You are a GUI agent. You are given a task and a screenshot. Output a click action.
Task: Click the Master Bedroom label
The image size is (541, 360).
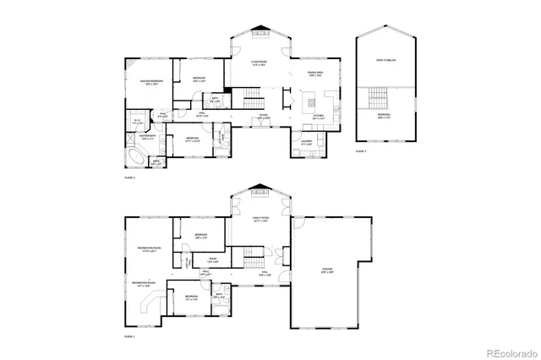152,81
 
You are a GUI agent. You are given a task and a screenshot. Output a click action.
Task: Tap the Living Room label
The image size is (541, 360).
259,63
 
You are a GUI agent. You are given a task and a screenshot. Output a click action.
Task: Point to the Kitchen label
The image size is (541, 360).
319,116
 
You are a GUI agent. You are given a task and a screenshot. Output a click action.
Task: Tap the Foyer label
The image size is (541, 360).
263,117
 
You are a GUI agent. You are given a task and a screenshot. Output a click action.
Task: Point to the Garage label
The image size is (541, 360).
327,270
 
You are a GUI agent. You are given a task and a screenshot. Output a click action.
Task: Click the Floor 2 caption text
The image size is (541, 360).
129,179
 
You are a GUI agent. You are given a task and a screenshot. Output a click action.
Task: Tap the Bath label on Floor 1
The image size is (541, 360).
220,296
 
